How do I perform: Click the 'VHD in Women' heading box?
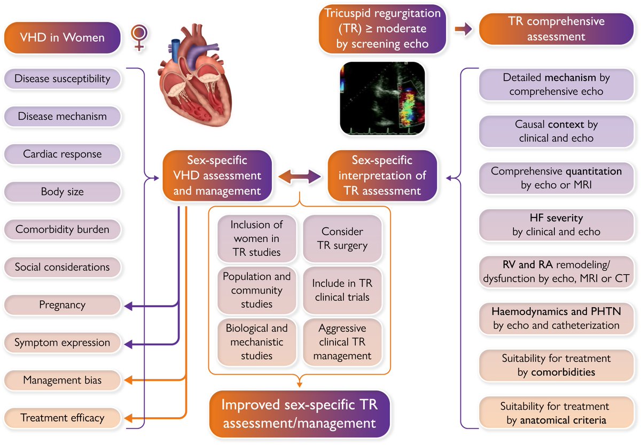[62, 37]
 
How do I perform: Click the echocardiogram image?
[382, 98]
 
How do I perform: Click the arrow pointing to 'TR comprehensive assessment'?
[463, 29]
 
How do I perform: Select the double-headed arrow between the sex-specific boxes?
[299, 176]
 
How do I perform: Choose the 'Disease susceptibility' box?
[62, 79]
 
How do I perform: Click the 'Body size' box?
[62, 192]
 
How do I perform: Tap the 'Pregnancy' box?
[62, 305]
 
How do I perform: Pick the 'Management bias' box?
[62, 380]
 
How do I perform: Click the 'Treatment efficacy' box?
[62, 418]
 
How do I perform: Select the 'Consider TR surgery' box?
[342, 239]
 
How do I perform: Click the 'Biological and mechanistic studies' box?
[256, 342]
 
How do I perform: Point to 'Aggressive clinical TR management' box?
[342, 342]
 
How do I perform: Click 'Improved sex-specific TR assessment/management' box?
[300, 414]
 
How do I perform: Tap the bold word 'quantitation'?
[595, 172]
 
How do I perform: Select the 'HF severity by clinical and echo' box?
[556, 225]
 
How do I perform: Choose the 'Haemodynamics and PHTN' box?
[556, 318]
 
